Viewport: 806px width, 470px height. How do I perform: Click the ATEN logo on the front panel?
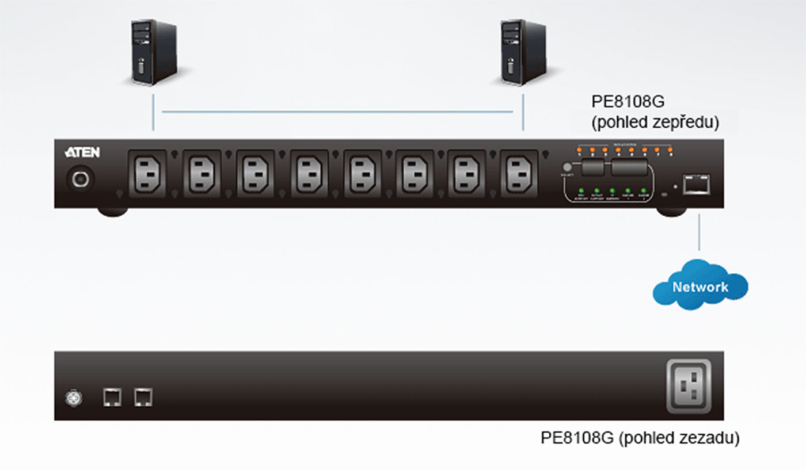82,152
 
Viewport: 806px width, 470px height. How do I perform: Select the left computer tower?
153,52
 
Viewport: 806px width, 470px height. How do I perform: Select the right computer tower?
523,52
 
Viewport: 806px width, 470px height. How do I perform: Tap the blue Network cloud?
700,286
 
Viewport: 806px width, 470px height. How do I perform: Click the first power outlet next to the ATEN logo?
147,174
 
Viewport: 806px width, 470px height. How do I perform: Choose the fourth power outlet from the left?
309,174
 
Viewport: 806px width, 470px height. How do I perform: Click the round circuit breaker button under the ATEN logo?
79,179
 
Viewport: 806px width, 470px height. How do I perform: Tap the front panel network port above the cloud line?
695,184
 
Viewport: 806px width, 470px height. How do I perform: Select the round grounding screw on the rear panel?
74,398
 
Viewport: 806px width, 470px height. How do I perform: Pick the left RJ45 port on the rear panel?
112,397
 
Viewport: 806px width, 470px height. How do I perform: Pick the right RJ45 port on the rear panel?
143,397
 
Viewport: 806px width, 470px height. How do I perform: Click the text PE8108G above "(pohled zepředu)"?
628,102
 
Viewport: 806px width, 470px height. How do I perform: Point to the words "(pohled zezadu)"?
679,438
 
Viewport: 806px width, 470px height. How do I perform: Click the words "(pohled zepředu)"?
655,123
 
